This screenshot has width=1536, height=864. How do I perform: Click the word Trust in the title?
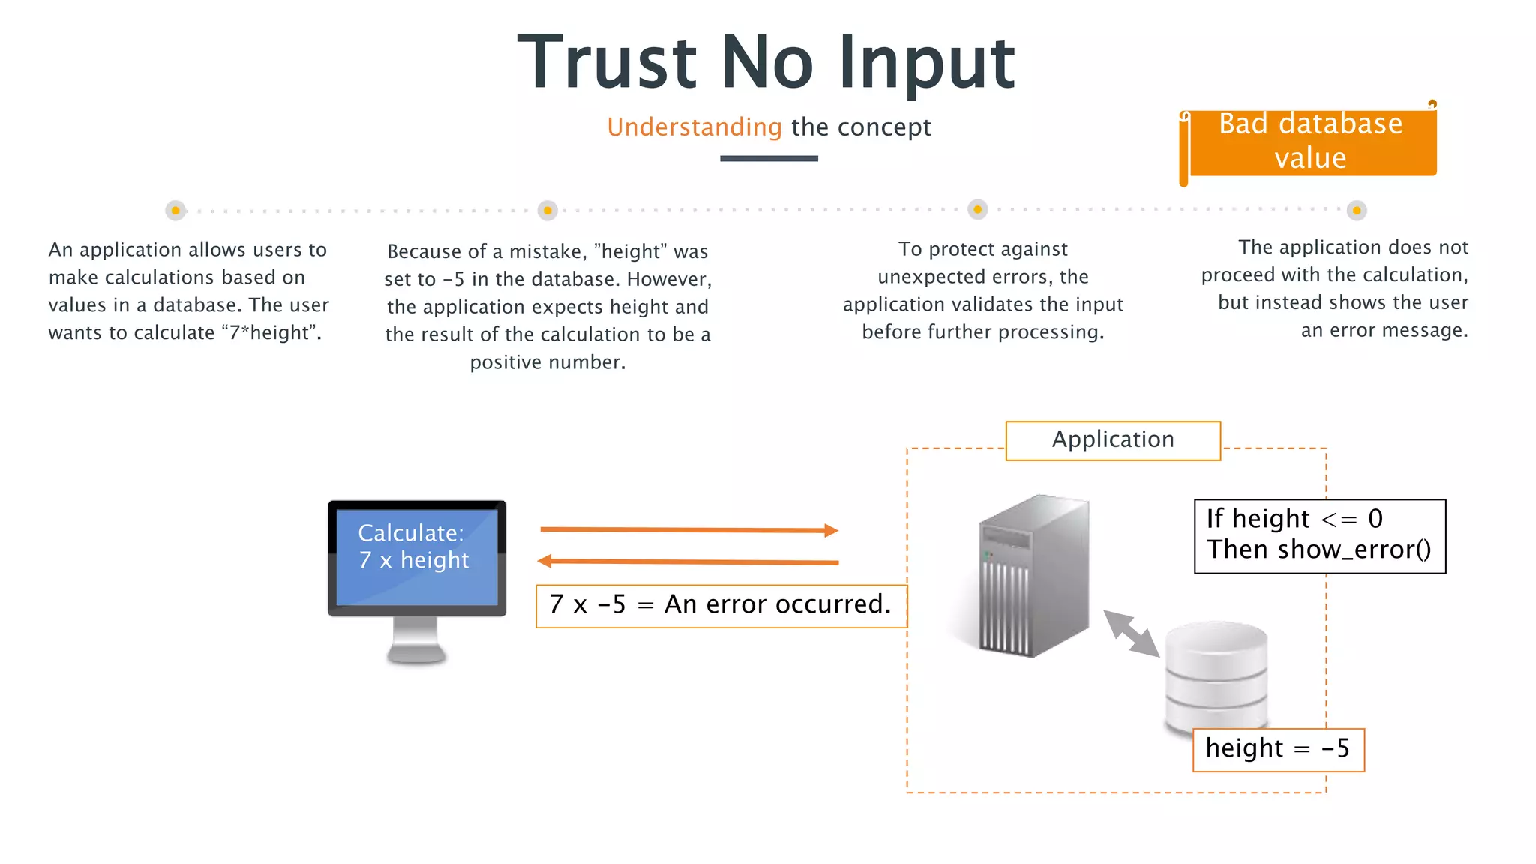coord(607,63)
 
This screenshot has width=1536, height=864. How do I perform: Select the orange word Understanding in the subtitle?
coord(694,127)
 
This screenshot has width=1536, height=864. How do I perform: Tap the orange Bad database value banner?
coord(1310,141)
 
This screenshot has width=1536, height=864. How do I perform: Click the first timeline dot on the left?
coord(175,211)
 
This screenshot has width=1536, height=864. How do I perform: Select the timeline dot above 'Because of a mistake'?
coord(547,211)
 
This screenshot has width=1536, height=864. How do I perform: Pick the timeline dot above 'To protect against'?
coord(977,210)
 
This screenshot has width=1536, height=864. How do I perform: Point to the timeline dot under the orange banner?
coord(1356,211)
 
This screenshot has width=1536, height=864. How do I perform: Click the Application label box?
coord(1113,440)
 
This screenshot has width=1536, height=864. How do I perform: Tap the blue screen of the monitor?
coord(416,556)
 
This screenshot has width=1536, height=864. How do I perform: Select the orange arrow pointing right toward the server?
coord(688,530)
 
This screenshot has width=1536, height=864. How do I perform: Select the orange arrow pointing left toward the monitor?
coord(688,561)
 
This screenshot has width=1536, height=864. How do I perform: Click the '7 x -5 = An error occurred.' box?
coord(721,605)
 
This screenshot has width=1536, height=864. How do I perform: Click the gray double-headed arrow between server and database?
coord(1131,634)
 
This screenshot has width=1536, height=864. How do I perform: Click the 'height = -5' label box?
coord(1278,749)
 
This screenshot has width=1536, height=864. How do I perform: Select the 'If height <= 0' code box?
coord(1319,536)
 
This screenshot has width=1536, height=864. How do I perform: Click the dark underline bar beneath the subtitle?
coord(769,158)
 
